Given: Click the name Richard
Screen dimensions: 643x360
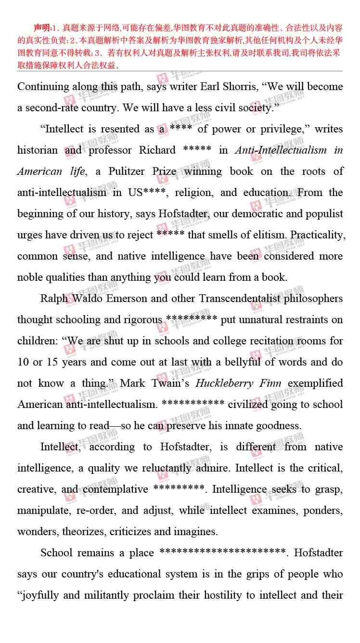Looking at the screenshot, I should (157, 150).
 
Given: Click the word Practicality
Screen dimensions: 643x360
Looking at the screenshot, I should (318, 235).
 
